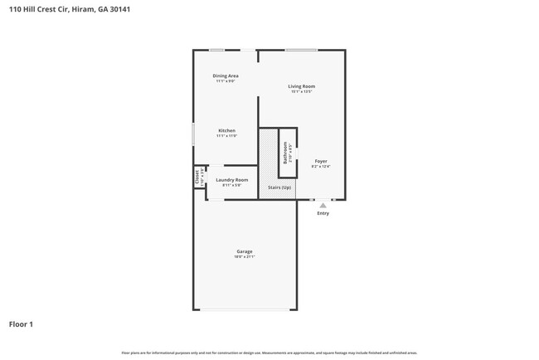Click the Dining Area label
coord(226,75)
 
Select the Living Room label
coord(301,86)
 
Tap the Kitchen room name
coord(226,130)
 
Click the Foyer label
coord(321,161)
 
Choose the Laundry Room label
coord(231,180)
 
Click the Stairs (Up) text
coord(279,187)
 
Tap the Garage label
coord(245,251)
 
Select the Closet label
coord(197,177)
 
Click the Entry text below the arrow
coord(323,213)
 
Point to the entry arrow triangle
coord(323,205)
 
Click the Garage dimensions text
coord(245,257)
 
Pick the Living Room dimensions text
coord(301,92)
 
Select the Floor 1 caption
coord(21,324)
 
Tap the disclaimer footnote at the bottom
coord(269,353)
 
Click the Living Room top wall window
coord(301,50)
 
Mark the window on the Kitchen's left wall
coord(193,134)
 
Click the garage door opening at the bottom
coord(245,309)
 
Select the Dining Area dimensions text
coord(226,81)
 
